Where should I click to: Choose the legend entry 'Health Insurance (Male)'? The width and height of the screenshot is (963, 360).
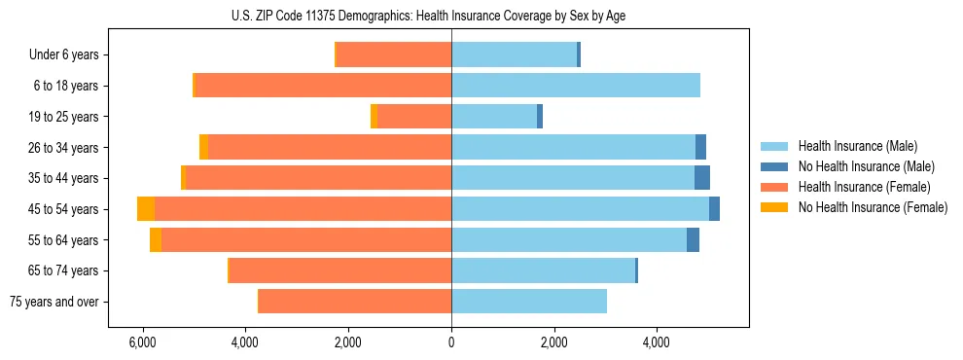[x=857, y=146]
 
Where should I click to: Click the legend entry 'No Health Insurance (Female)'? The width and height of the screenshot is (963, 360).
[x=872, y=207]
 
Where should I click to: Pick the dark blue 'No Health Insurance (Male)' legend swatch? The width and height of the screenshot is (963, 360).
[x=774, y=166]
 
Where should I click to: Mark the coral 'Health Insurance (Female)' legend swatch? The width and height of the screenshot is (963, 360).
[x=774, y=187]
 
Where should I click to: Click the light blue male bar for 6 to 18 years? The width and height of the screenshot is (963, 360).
[x=576, y=86]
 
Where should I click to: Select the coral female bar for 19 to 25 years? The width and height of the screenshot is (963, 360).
[x=414, y=117]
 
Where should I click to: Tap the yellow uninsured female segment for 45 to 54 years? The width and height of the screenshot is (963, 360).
[x=146, y=209]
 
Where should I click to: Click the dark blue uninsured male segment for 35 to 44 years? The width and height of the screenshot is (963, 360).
[x=702, y=178]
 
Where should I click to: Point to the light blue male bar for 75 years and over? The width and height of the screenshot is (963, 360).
[x=529, y=302]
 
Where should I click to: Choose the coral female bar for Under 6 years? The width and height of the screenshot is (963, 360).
[x=394, y=55]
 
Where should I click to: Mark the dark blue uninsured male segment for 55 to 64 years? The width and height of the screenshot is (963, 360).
[x=693, y=240]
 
